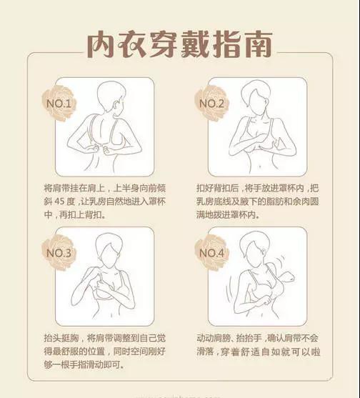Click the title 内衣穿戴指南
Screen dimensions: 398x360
pyautogui.click(x=179, y=44)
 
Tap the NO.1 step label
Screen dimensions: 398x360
pyautogui.click(x=59, y=104)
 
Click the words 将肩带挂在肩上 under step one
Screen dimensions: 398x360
pyautogui.click(x=75, y=188)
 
